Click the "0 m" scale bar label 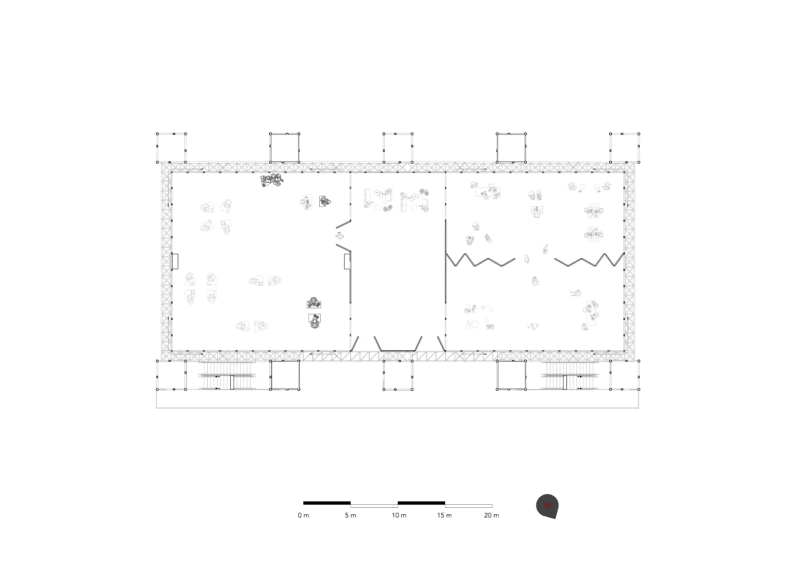303,515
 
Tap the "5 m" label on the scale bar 350,515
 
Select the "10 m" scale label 399,515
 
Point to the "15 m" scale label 444,515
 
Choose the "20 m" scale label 491,515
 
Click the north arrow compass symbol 548,506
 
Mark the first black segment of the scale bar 327,503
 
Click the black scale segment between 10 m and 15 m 421,503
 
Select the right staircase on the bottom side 570,376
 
